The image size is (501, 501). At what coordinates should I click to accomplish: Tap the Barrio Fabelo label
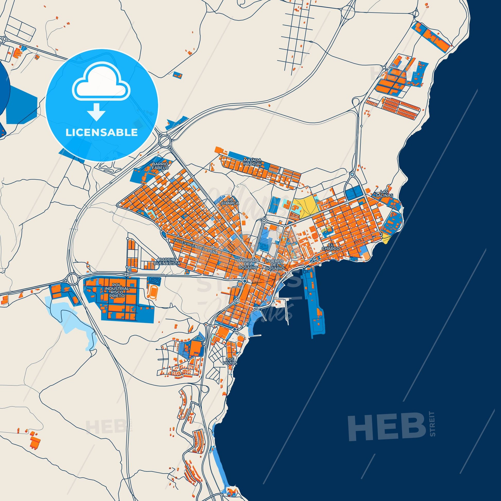click(160, 166)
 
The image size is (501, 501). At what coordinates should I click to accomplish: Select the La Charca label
click(229, 202)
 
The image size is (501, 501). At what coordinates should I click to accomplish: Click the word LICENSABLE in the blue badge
click(101, 133)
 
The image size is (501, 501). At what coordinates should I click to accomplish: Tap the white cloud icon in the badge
click(101, 82)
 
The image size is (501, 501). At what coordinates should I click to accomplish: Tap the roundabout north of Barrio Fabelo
click(165, 141)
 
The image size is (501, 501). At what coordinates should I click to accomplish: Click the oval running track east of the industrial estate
click(151, 292)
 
